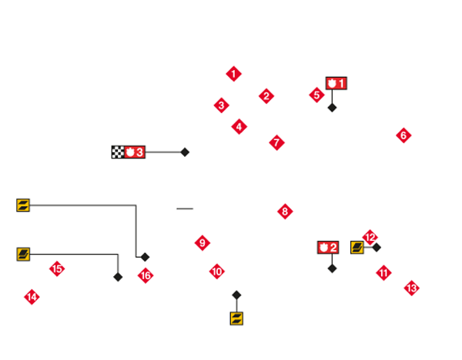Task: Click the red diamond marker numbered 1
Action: point(233,74)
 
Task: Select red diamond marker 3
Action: point(221,105)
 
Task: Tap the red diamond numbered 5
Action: point(316,95)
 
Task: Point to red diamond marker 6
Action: point(403,135)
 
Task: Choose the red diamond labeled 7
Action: point(276,142)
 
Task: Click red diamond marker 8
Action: point(284,211)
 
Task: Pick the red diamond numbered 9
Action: point(202,243)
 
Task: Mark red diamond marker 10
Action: point(216,272)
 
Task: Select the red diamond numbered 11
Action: point(383,272)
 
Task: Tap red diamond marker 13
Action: point(411,288)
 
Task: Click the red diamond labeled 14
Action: point(32,297)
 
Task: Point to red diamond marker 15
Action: point(56,269)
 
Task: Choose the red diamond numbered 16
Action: point(146,275)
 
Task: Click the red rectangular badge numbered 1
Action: point(337,83)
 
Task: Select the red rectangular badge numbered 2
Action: point(328,248)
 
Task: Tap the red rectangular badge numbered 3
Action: point(135,152)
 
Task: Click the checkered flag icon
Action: point(118,152)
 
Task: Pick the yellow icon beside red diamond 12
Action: point(357,247)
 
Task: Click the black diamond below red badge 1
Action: point(332,108)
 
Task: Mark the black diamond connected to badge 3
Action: point(185,152)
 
